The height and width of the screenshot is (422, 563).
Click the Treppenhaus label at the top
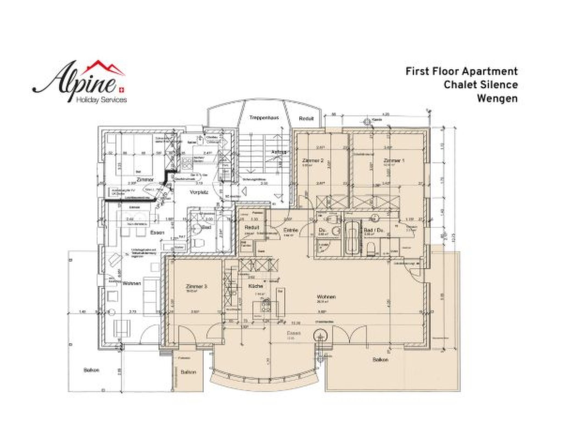pos(264,118)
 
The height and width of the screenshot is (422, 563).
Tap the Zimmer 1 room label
pos(394,160)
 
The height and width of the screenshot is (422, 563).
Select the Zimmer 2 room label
pos(312,160)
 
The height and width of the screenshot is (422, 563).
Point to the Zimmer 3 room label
pos(196,287)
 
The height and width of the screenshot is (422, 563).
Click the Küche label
pos(256,286)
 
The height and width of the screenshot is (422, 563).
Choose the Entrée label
pos(291,230)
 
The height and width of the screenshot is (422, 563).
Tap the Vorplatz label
pos(199,193)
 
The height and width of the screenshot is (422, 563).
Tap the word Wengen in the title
pos(497,98)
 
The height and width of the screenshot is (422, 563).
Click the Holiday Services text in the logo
pos(101,100)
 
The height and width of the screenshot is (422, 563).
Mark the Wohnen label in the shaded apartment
pos(326,297)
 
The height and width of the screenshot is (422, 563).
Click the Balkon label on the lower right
pos(380,360)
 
